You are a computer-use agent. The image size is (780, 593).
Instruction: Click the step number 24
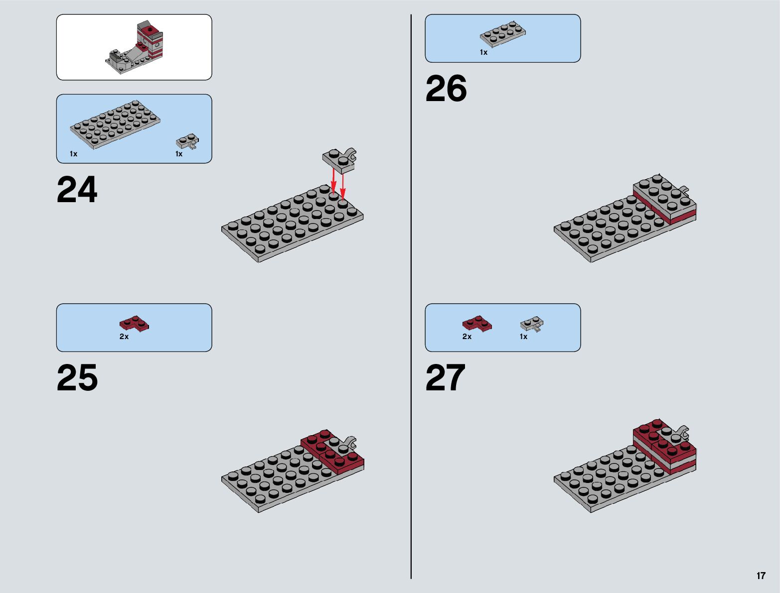pos(77,190)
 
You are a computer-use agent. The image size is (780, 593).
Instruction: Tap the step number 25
pos(77,378)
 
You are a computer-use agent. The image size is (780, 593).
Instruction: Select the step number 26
pos(446,89)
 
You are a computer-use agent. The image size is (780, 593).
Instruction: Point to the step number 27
pos(445,378)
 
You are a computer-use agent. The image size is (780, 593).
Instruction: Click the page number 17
pos(761,576)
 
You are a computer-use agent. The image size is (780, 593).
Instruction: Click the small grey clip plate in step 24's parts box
pos(188,141)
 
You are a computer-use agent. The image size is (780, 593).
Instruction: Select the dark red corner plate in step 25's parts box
pos(134,324)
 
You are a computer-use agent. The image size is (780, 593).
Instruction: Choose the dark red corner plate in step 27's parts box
pos(477,324)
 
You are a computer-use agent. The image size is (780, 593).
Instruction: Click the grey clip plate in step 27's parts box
pos(532,325)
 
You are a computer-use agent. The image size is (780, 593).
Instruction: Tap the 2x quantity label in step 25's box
pos(124,337)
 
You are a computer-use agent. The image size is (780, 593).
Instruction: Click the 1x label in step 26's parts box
pos(483,52)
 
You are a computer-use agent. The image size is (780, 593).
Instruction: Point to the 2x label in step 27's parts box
pos(467,337)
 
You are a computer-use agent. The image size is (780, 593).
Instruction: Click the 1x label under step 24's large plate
pos(74,154)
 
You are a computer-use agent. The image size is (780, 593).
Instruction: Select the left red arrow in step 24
pos(333,180)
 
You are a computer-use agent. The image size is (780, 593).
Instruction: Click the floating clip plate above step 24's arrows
pos(339,159)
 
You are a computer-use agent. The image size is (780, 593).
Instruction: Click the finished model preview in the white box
pos(135,48)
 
